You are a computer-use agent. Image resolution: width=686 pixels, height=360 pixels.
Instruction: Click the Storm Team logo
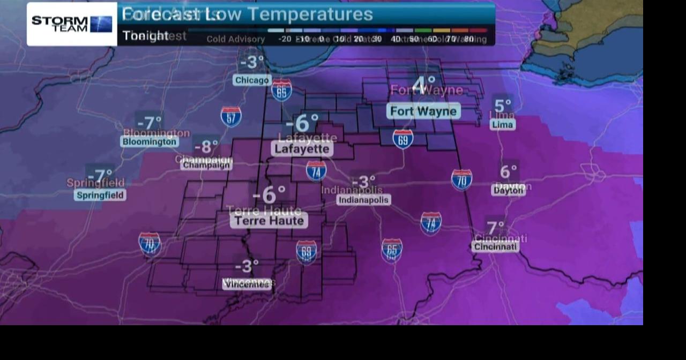[72, 24]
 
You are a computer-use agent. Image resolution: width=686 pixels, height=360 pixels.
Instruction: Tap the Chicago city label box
[252, 80]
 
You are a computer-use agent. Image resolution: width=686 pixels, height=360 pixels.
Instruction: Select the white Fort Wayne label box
[423, 111]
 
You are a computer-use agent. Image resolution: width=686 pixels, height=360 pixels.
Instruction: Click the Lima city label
[502, 124]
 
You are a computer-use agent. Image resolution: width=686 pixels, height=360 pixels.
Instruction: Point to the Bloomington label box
[149, 142]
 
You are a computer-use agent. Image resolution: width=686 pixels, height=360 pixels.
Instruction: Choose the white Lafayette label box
[302, 149]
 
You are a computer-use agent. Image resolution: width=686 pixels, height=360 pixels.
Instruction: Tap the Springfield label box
[100, 195]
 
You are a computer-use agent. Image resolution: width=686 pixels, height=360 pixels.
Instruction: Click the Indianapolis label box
[363, 200]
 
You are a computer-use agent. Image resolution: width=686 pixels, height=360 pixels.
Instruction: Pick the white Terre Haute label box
[269, 220]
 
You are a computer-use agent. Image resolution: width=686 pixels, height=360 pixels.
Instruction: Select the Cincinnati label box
[495, 246]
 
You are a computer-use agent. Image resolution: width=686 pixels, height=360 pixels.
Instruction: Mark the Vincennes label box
[247, 284]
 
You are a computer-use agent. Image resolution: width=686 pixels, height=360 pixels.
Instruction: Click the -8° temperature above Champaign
[206, 146]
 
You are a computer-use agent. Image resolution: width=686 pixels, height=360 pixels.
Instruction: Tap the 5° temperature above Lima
[503, 106]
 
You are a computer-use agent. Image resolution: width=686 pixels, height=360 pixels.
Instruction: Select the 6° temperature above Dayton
[508, 171]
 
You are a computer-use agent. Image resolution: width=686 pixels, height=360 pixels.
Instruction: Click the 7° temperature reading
[495, 228]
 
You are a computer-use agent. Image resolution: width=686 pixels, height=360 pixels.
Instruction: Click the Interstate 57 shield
[231, 116]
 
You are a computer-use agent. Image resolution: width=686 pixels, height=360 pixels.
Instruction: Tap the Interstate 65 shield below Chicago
[281, 91]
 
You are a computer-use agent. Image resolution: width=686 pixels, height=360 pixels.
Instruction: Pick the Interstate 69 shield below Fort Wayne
[403, 139]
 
